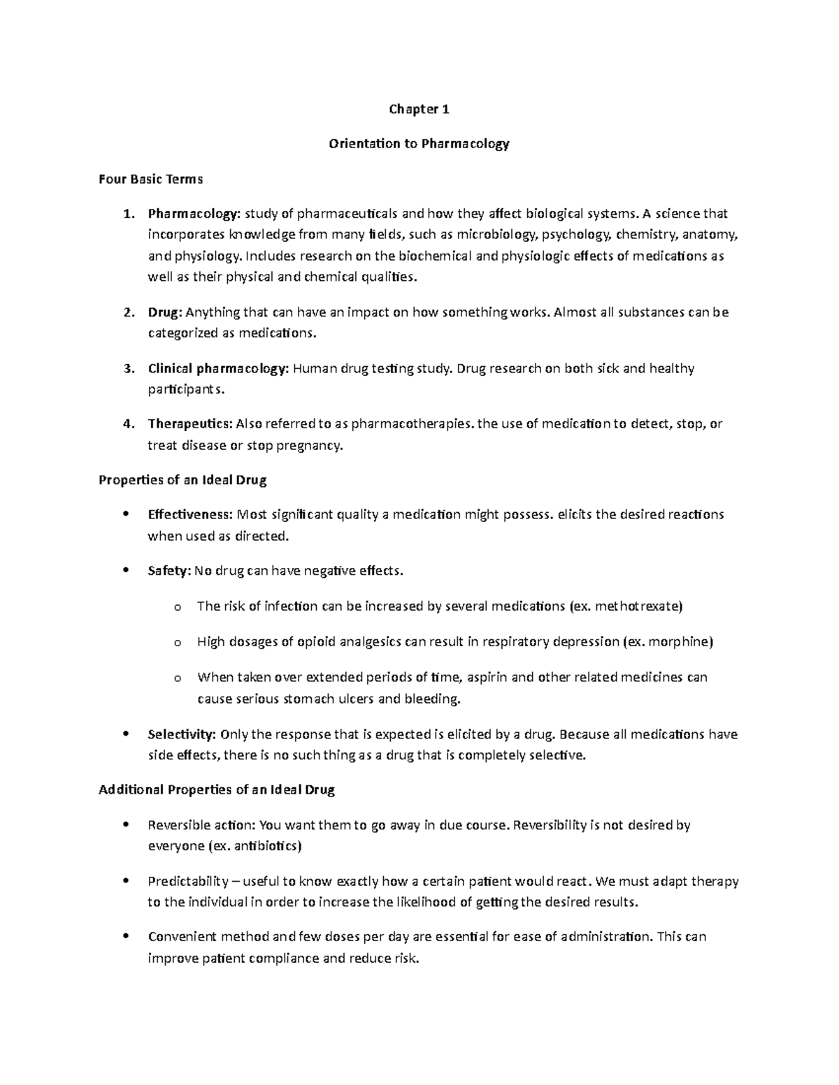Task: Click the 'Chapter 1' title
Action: point(419,109)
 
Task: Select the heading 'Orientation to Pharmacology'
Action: point(419,144)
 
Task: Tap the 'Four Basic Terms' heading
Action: point(150,179)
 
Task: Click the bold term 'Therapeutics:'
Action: point(190,424)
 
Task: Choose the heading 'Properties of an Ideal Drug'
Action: point(182,480)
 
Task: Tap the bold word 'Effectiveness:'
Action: point(190,515)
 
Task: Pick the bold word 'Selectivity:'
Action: point(182,734)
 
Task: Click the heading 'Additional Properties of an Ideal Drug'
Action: point(217,790)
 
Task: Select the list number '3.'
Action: point(128,368)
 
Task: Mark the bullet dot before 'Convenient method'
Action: point(126,936)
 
